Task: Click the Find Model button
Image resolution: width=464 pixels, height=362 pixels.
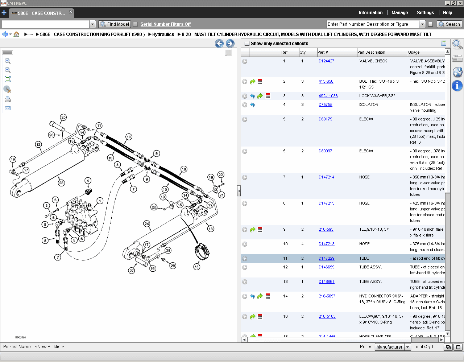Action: [x=115, y=24]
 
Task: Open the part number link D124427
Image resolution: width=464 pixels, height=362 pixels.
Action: [x=326, y=61]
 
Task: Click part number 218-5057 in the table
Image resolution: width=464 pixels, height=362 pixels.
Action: [x=327, y=296]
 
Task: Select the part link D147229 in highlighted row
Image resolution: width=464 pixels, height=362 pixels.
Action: [x=326, y=258]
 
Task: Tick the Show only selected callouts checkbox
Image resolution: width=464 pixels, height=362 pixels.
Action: [x=247, y=44]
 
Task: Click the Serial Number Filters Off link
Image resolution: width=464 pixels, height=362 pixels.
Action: [x=165, y=24]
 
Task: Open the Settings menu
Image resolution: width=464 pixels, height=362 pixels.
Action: [x=425, y=13]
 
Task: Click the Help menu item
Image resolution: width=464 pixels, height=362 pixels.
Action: [x=447, y=13]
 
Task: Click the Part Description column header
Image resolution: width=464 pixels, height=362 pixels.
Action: [x=371, y=52]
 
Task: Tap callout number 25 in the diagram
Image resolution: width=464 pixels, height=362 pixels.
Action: [x=63, y=117]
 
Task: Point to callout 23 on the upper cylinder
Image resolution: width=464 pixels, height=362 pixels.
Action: [x=61, y=183]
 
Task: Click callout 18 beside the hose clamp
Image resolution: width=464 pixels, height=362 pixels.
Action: [x=196, y=267]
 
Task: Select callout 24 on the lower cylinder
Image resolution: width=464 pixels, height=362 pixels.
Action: [x=147, y=223]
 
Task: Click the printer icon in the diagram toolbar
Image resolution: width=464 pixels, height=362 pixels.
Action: [x=8, y=99]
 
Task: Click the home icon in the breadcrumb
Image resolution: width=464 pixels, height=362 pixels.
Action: [x=16, y=34]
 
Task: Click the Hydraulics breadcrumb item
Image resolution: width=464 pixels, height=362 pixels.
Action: [x=163, y=34]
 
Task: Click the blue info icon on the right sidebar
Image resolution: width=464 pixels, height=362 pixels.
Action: [x=457, y=86]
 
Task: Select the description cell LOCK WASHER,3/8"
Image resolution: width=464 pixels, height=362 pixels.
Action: [x=377, y=96]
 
